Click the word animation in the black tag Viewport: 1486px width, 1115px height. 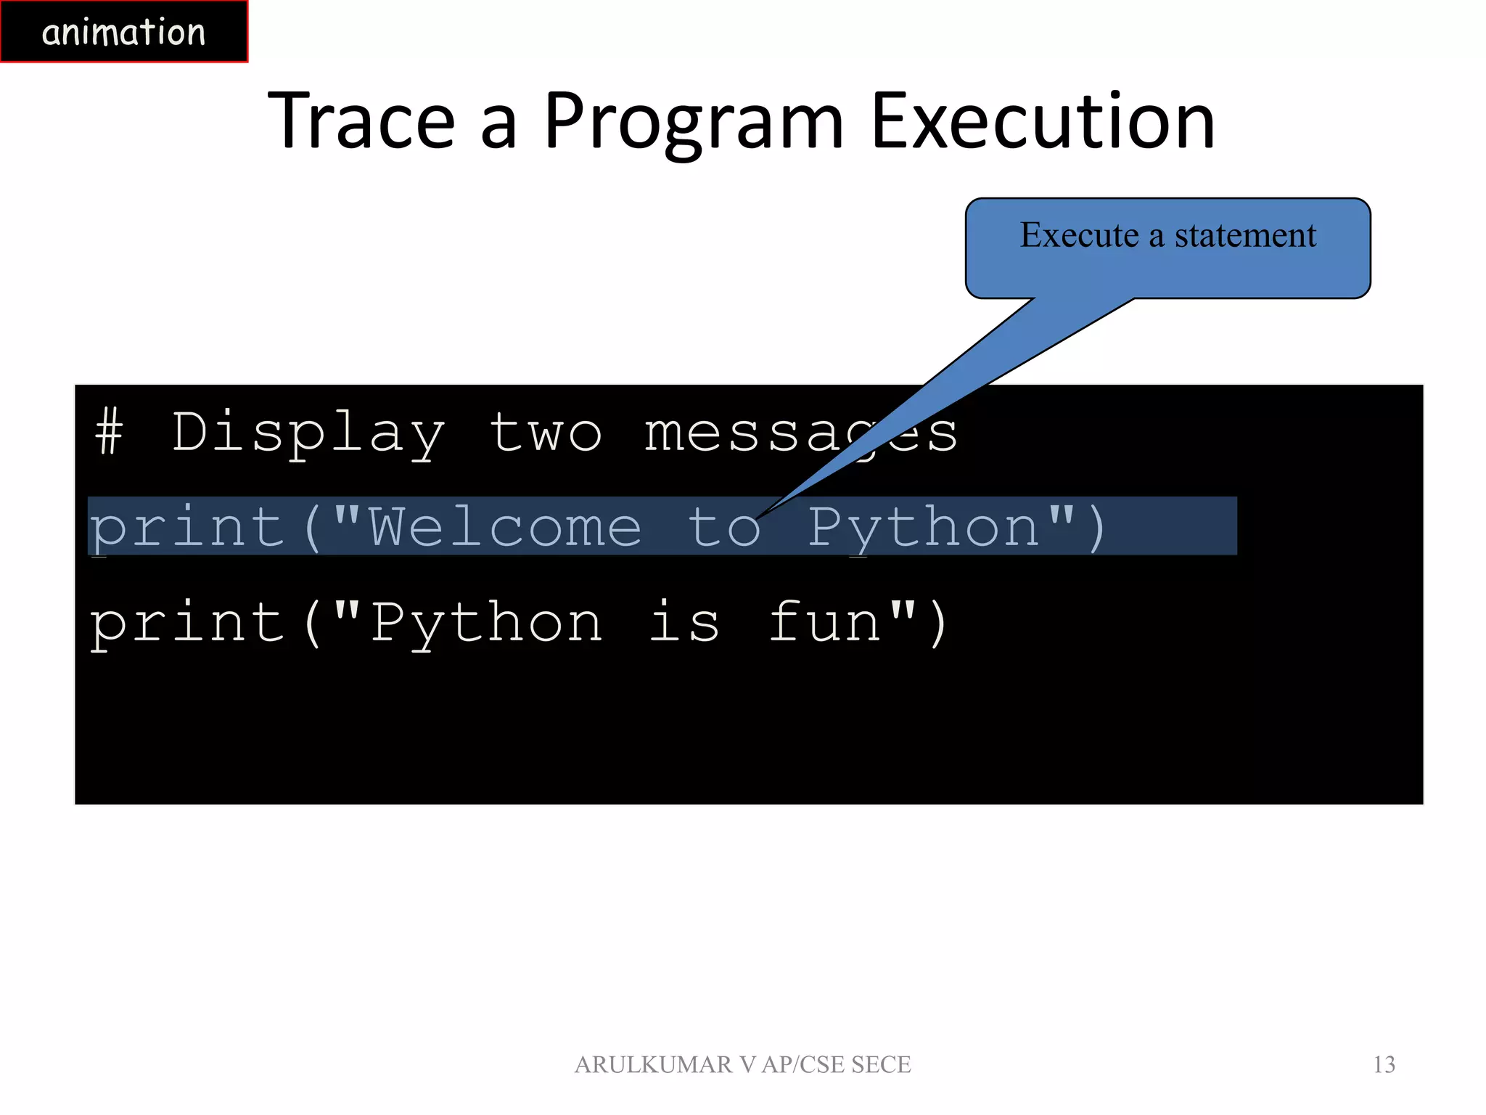click(x=123, y=33)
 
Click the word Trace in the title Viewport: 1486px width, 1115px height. click(x=361, y=121)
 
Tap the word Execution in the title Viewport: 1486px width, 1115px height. click(x=1043, y=121)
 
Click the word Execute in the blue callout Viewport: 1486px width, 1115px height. click(x=1079, y=235)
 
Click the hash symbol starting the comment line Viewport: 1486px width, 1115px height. click(x=109, y=431)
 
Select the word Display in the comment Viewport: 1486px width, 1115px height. click(x=308, y=433)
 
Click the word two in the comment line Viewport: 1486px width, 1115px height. click(x=546, y=433)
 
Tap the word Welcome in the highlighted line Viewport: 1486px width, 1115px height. click(x=505, y=527)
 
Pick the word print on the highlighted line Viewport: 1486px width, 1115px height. click(x=187, y=527)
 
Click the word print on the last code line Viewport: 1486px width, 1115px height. click(x=187, y=623)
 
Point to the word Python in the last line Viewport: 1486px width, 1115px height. click(x=486, y=623)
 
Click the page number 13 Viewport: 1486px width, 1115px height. click(x=1384, y=1064)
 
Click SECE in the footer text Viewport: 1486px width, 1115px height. click(x=881, y=1064)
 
